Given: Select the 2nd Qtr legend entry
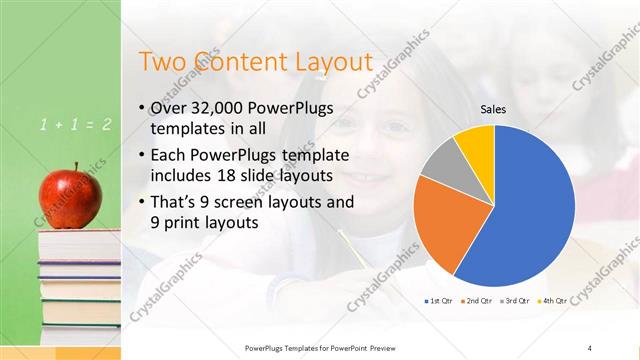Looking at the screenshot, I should click(x=475, y=300).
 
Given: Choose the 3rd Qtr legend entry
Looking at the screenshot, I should click(x=515, y=300).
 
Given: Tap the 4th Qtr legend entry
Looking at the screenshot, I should click(x=553, y=300).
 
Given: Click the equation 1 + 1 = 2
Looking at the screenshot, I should click(x=75, y=125).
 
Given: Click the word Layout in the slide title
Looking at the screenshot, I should click(x=330, y=62).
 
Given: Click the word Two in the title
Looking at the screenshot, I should click(x=161, y=62).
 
